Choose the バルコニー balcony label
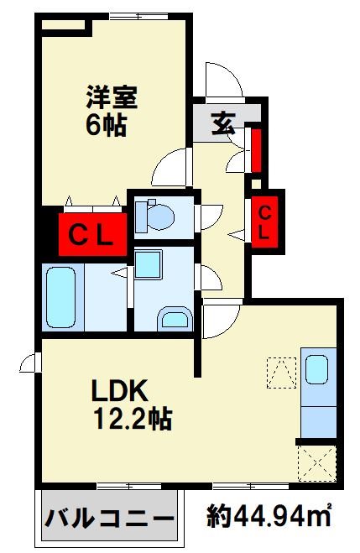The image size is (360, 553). click(108, 515)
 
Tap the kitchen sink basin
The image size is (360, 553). click(316, 370)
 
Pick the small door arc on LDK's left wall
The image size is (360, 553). click(31, 363)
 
